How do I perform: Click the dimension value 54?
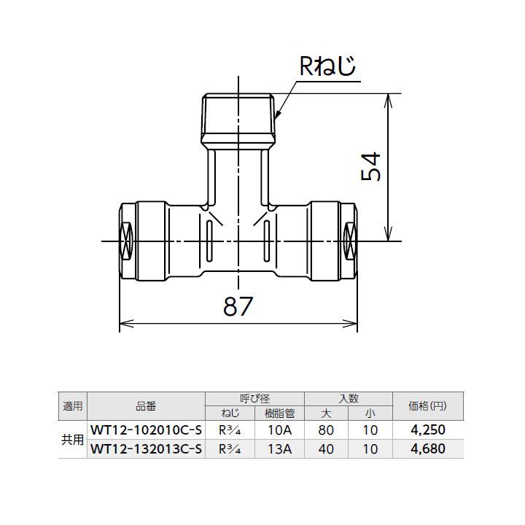(371, 168)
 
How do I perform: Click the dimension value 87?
(238, 307)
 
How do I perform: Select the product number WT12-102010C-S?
(145, 430)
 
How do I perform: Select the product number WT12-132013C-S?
(145, 448)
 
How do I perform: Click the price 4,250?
(428, 430)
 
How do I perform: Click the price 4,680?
(428, 448)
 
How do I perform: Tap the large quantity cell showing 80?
(326, 430)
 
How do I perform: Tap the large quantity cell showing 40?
(326, 448)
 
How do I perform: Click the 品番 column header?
(145, 406)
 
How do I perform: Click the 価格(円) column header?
(428, 406)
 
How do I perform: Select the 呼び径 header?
(254, 399)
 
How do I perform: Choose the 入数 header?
(349, 399)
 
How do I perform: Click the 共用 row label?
(73, 440)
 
